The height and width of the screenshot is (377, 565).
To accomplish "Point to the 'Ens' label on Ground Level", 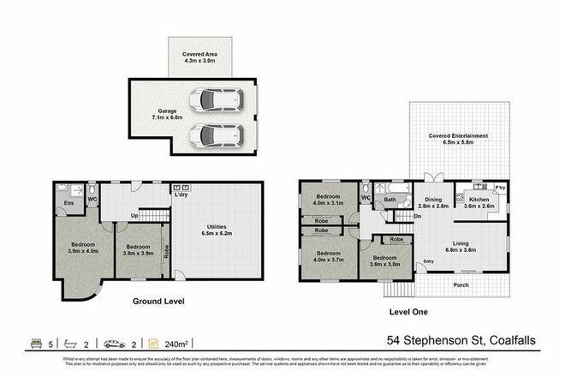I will (x=68, y=203).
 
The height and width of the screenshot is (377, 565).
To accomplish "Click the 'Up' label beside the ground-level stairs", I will (x=134, y=215).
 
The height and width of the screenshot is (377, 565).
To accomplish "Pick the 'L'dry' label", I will (x=181, y=194).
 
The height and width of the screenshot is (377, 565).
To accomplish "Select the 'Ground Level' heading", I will (x=159, y=302).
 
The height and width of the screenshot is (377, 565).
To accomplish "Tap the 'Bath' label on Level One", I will (x=390, y=200).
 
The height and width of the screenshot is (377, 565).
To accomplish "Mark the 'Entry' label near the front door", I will (x=428, y=261).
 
